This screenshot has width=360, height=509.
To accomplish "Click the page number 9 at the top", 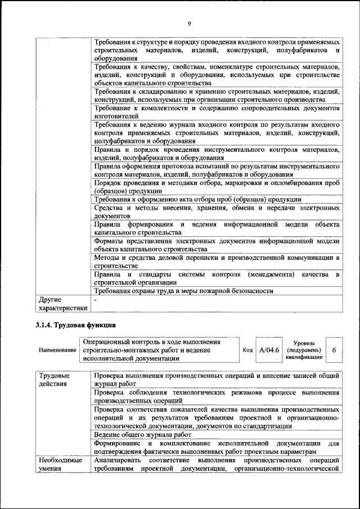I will click(189, 23).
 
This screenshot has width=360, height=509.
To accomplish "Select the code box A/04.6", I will click(268, 350).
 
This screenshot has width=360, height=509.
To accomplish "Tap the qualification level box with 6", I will click(334, 350).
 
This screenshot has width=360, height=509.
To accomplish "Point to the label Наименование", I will click(57, 350).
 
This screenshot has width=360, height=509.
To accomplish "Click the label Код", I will click(247, 350).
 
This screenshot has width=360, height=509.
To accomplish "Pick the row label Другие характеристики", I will click(62, 304).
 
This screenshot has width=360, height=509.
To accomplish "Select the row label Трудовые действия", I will click(54, 379).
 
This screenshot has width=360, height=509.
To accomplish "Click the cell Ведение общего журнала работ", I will click(143, 435).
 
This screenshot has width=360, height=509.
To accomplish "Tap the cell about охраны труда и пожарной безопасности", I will click(183, 291).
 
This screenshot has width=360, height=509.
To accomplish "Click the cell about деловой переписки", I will click(216, 262).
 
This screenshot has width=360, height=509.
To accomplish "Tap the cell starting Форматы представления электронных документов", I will click(216, 245).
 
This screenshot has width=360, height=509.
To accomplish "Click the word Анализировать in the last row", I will click(118, 460).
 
